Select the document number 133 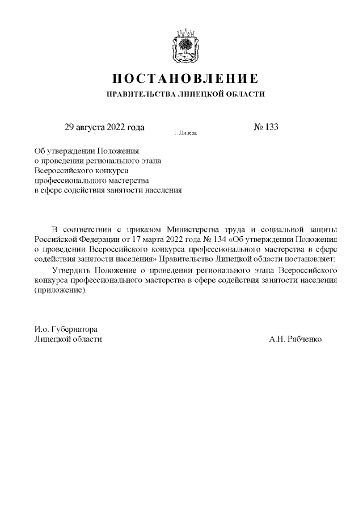(x=271, y=127)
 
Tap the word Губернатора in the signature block (x=74, y=329)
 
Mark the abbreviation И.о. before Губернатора (x=41, y=329)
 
